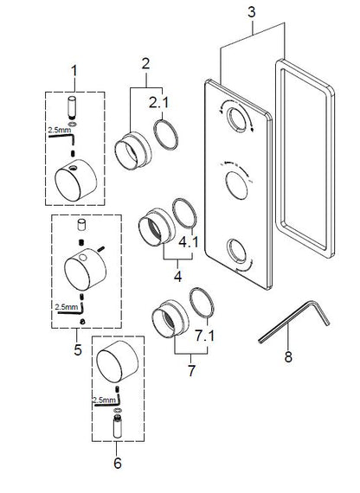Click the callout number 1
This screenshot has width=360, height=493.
pos(75,68)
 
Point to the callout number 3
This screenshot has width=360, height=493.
pos(251,13)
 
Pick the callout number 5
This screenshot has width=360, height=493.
pos(76,349)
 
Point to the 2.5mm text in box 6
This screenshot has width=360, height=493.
pos(102,400)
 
